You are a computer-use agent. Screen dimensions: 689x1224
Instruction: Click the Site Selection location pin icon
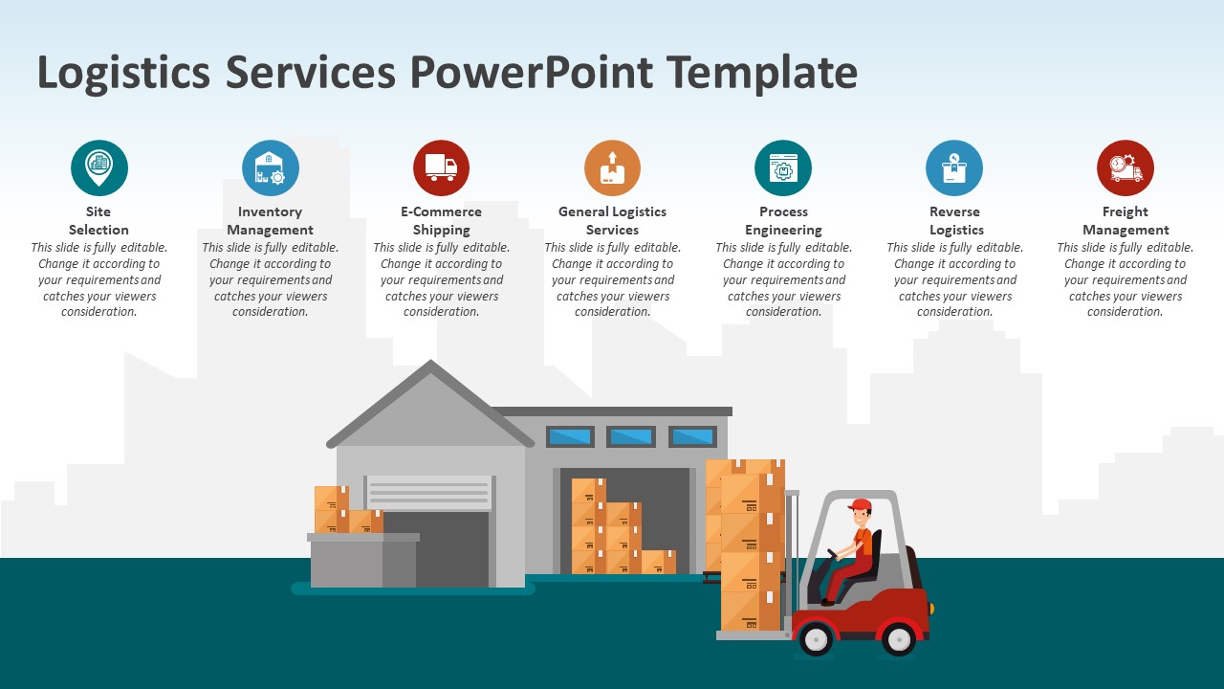coord(98,167)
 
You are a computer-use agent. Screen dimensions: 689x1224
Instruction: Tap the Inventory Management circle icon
coord(270,167)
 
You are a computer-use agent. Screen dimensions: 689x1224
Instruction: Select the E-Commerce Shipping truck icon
coord(441,167)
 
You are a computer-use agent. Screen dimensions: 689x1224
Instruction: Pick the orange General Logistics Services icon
coord(612,167)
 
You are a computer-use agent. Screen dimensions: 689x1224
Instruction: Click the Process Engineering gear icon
coord(783,167)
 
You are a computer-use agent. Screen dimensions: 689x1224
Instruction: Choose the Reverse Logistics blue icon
coord(954,167)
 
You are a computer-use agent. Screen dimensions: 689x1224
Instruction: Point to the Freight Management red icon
coord(1126,167)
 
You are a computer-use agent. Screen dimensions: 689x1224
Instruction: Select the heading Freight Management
coord(1126,221)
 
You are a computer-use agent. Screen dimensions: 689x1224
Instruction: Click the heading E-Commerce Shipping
coord(441,221)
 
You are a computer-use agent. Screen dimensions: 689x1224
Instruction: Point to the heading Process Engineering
coord(783,221)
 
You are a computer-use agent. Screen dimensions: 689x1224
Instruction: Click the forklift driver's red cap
coord(860,504)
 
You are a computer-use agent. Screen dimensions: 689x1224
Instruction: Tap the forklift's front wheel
coord(815,638)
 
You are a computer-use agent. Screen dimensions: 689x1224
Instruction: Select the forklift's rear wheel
coord(898,638)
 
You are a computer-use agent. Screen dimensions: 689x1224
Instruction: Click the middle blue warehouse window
coord(631,437)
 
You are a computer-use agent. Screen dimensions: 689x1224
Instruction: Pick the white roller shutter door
coord(429,493)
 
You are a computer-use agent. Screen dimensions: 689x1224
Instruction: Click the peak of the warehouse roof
coord(431,365)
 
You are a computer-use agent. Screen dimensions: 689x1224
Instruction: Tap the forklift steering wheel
coord(834,555)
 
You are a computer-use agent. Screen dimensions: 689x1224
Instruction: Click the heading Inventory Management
coord(270,221)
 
